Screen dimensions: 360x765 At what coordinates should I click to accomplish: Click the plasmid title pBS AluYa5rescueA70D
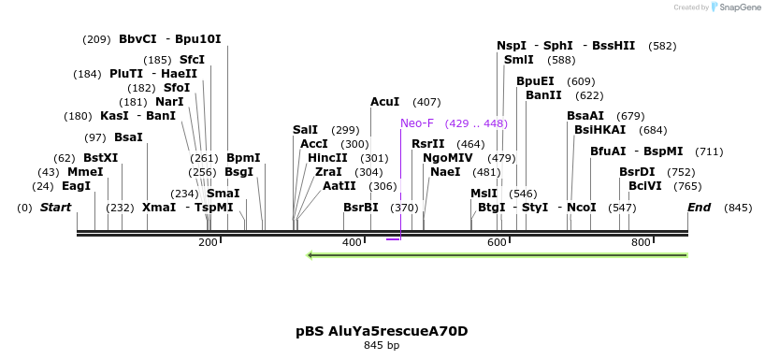pyautogui.click(x=382, y=331)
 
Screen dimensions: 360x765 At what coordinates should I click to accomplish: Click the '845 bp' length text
pyautogui.click(x=382, y=346)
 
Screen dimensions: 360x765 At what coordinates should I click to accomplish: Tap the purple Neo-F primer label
pyautogui.click(x=417, y=123)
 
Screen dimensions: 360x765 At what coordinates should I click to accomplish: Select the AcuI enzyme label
pyautogui.click(x=385, y=102)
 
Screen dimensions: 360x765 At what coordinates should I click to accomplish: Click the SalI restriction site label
pyautogui.click(x=305, y=130)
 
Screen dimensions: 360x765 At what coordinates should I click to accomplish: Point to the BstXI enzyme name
pyautogui.click(x=101, y=158)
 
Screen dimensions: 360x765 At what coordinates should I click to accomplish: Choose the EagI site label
pyautogui.click(x=77, y=186)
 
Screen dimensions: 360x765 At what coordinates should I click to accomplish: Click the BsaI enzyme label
pyautogui.click(x=129, y=137)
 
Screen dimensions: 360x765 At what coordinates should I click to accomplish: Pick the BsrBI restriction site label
pyautogui.click(x=361, y=207)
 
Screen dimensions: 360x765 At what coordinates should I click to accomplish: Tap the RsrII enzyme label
pyautogui.click(x=428, y=144)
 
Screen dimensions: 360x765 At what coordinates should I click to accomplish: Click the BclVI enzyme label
pyautogui.click(x=645, y=186)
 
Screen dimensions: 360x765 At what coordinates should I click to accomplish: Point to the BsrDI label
pyautogui.click(x=638, y=172)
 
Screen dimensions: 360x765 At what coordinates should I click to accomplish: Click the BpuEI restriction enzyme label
pyautogui.click(x=536, y=81)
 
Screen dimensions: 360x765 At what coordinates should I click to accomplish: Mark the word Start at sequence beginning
pyautogui.click(x=55, y=207)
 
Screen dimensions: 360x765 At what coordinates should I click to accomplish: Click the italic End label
pyautogui.click(x=699, y=207)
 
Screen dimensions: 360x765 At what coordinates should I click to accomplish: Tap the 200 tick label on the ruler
pyautogui.click(x=208, y=242)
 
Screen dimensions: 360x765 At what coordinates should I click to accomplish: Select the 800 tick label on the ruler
pyautogui.click(x=641, y=242)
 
